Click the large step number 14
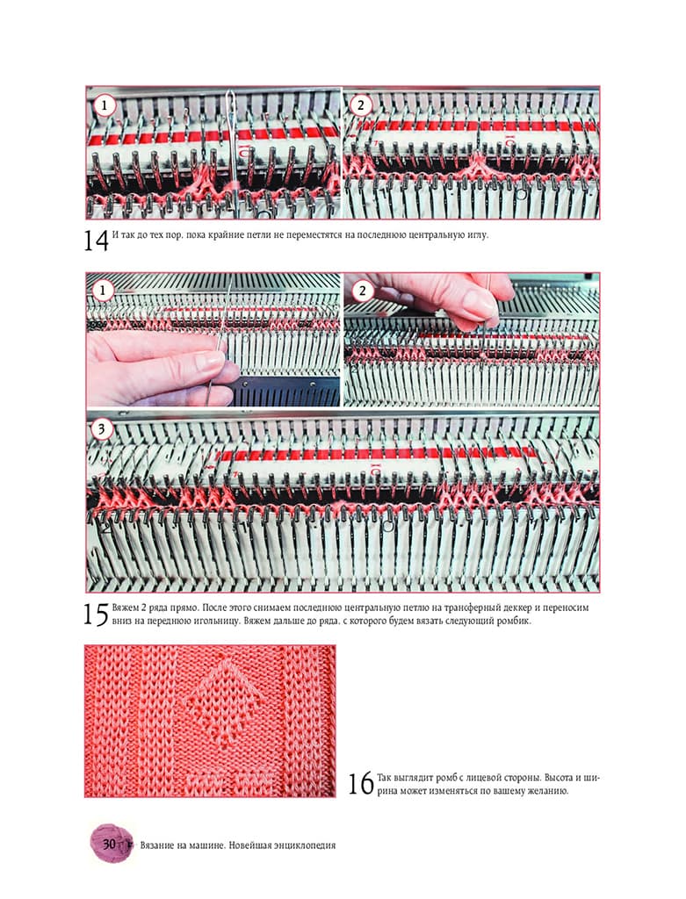[x=96, y=241]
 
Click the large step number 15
[x=96, y=615]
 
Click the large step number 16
[x=361, y=784]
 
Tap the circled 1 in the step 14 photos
[x=105, y=105]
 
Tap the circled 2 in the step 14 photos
[x=361, y=105]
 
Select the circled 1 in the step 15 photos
[x=104, y=291]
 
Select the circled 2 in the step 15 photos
[x=362, y=291]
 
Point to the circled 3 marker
[x=102, y=428]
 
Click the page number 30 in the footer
[x=110, y=845]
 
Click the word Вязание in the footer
[x=157, y=845]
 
